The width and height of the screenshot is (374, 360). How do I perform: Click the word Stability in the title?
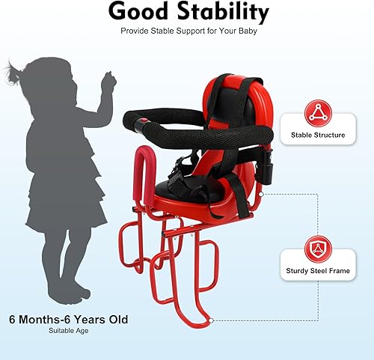(223, 12)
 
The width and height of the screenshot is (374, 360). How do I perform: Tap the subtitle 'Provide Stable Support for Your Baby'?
(187, 31)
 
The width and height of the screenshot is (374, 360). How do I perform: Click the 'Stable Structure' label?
(317, 135)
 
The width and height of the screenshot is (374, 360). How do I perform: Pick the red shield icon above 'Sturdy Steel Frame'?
(317, 248)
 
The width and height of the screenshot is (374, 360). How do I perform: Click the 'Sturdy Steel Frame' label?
(317, 270)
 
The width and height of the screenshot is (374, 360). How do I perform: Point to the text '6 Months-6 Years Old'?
(68, 320)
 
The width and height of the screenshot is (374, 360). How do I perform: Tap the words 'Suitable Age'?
(68, 330)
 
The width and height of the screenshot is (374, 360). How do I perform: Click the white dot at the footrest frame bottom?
(213, 320)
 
